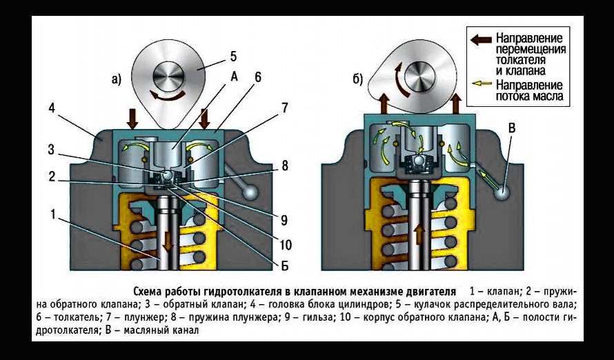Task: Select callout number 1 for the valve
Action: point(52,214)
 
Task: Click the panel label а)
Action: point(116,80)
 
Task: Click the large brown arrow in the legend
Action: point(479,39)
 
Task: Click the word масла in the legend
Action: point(548,97)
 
